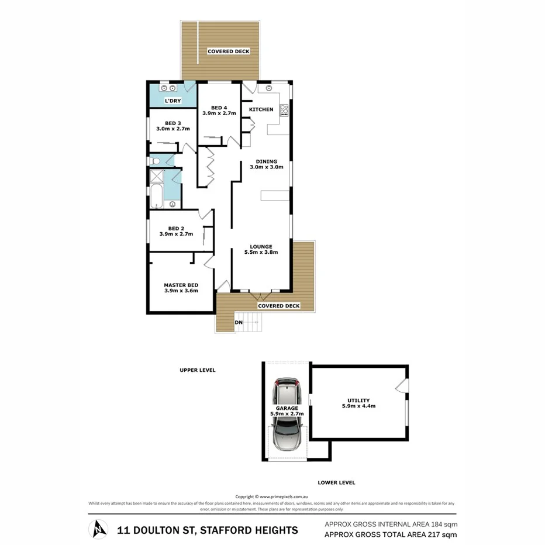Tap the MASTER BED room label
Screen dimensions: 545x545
pos(181,287)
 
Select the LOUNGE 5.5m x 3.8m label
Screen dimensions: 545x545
pos(260,250)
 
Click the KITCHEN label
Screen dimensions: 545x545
pos(261,109)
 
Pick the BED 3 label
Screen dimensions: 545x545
pos(173,126)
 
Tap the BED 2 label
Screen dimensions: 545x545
pos(176,231)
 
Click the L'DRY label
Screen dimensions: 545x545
pos(173,101)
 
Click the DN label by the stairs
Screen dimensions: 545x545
pos(238,322)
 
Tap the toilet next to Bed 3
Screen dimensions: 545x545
pos(154,160)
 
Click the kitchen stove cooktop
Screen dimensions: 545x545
pos(284,110)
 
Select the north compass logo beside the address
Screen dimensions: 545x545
pos(98,529)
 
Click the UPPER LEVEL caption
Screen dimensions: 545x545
pos(198,370)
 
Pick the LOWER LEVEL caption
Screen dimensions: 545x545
pos(336,482)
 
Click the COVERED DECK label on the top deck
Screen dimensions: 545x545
pos(229,51)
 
